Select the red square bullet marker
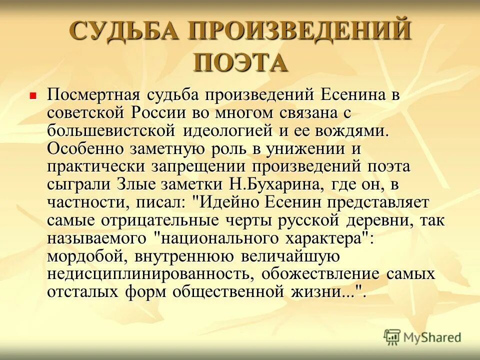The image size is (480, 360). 33,94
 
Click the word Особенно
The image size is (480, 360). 84,148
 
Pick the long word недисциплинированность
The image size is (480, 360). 149,274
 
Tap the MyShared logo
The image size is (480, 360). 422,337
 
